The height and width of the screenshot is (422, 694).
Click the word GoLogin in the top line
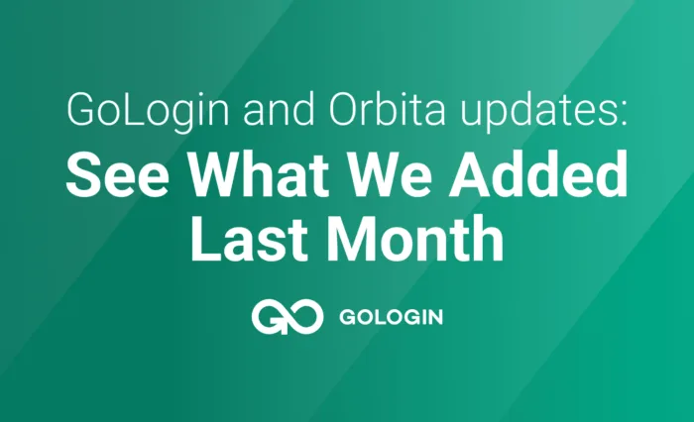point(148,110)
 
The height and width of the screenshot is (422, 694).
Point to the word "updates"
point(537,111)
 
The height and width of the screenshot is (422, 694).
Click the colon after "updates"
point(624,115)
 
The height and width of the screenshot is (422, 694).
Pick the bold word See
point(117,173)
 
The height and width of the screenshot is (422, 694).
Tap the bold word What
point(260,173)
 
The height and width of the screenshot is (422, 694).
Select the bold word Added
point(538,173)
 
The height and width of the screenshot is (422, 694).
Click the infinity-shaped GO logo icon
point(288,317)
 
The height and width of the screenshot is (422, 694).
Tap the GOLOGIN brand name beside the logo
point(392,317)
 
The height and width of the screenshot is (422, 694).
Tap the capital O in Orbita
point(346,109)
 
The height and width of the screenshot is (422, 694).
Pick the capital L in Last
point(206,239)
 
